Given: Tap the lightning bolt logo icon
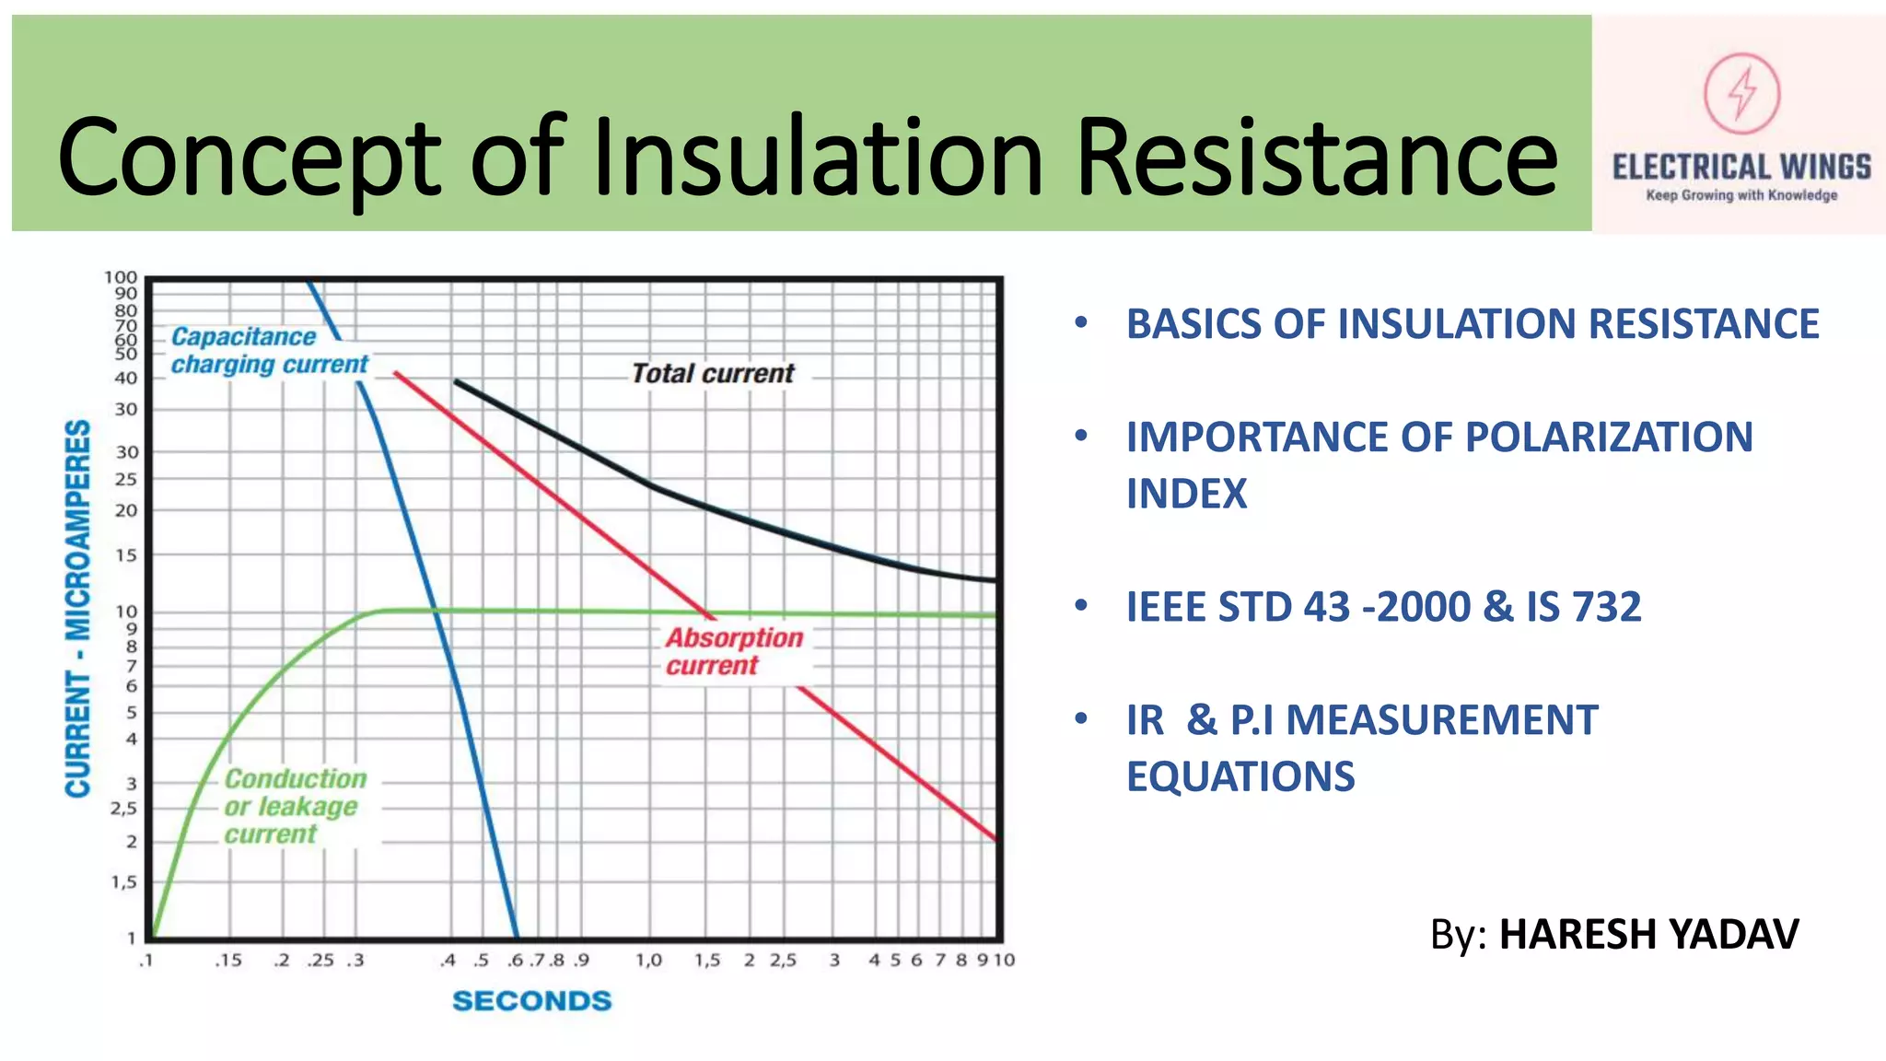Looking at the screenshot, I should (x=1740, y=93).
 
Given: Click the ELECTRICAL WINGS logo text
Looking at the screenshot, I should (x=1740, y=167).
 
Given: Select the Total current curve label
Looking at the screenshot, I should (x=712, y=374).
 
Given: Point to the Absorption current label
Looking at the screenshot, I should (x=734, y=651).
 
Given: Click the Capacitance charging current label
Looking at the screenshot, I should (x=269, y=351).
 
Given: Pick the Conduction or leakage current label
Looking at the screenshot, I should (x=295, y=806).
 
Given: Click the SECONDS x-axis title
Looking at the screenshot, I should (x=531, y=1001).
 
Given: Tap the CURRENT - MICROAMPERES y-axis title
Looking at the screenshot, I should (x=78, y=608).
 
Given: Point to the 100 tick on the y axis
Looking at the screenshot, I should (x=121, y=277).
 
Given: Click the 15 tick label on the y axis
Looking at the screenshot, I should (x=125, y=555).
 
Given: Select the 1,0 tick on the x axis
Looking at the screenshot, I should (x=648, y=961).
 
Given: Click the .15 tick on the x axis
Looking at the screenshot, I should (x=227, y=961).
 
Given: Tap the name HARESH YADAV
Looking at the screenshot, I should (x=1648, y=934).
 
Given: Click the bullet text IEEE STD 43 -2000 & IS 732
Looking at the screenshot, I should (x=1383, y=607).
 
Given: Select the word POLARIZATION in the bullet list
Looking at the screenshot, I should (x=1608, y=437).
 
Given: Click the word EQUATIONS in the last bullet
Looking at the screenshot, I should (x=1240, y=776).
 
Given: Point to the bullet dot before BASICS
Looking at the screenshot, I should (x=1081, y=322).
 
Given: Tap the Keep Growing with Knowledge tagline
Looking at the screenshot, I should (x=1741, y=195).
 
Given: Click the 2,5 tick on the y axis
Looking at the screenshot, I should (x=123, y=809).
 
